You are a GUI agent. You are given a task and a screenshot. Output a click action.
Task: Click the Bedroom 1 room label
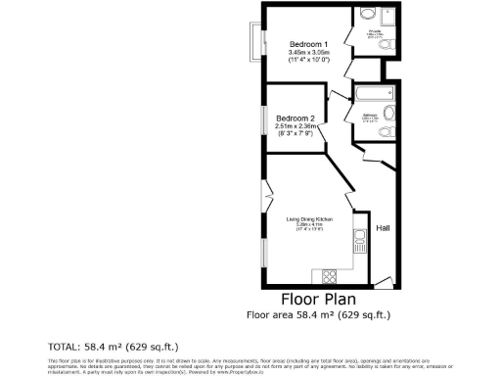click(x=308, y=44)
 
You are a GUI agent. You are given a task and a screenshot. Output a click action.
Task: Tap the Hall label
click(x=384, y=228)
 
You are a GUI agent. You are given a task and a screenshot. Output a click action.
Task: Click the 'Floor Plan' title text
click(x=318, y=299)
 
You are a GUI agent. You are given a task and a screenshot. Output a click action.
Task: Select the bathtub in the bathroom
click(x=372, y=95)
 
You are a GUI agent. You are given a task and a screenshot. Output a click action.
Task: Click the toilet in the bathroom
click(x=388, y=132)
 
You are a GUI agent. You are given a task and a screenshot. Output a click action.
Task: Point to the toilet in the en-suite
click(x=388, y=46)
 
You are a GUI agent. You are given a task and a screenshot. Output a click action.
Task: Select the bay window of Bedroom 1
click(x=256, y=44)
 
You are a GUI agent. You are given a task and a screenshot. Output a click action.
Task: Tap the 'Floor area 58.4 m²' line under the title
click(x=318, y=315)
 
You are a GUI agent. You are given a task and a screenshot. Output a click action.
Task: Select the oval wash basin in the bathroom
click(x=389, y=112)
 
